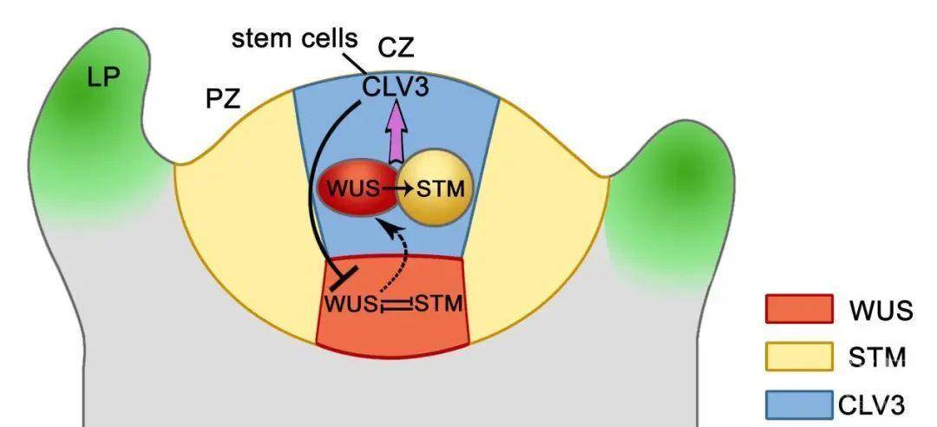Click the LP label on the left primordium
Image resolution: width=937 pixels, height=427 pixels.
point(104,76)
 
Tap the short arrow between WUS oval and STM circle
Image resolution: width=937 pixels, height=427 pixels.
point(397,186)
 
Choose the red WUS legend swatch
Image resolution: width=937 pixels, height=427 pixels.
point(799,310)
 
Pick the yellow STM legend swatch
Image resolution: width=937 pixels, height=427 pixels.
point(799,356)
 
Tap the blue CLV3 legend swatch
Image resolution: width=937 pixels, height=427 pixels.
point(799,404)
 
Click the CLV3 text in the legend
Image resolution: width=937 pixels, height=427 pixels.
point(871,404)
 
